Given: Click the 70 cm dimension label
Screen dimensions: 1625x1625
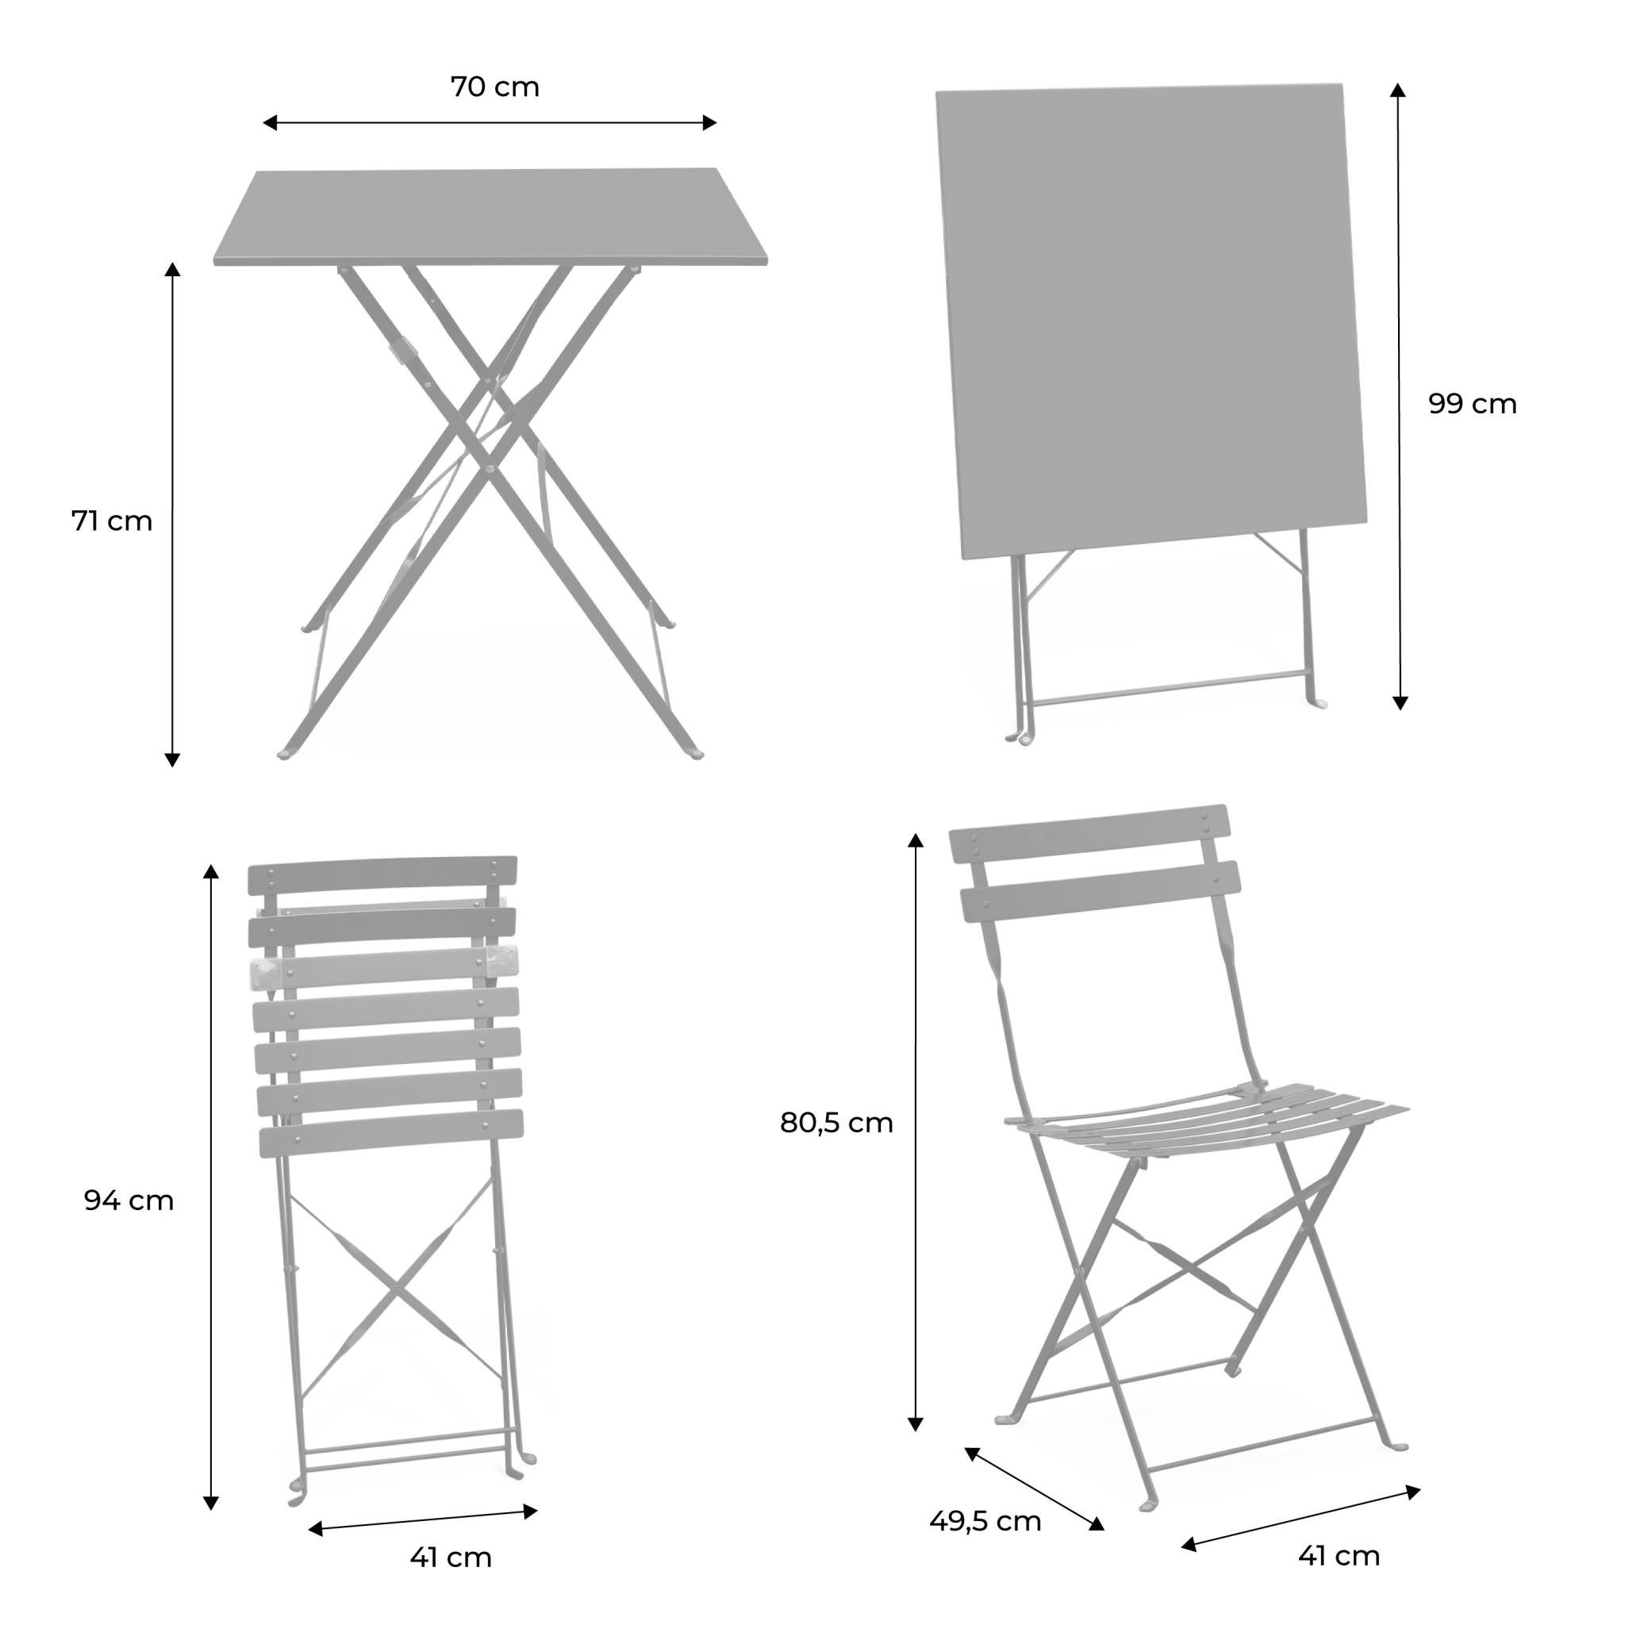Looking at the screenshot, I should (x=494, y=87).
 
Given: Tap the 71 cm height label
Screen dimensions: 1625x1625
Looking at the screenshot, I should (x=112, y=521).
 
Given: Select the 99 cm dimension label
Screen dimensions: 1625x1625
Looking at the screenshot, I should (x=1472, y=405).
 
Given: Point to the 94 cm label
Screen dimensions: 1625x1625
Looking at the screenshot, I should (x=129, y=1201).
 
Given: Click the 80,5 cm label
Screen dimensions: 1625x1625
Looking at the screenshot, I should (x=836, y=1123).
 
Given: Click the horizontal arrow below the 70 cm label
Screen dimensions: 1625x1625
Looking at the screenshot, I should (x=490, y=123).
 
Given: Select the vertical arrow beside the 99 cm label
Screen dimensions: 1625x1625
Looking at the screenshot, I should (x=1399, y=395).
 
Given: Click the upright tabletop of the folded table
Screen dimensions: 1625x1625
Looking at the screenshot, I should (x=1151, y=320).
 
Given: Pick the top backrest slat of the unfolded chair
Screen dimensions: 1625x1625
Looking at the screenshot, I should (x=1089, y=832).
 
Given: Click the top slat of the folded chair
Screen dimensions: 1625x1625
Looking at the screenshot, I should (x=382, y=876).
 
